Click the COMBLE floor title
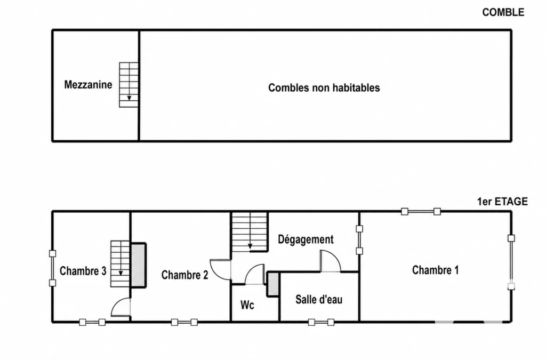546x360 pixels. click(x=503, y=13)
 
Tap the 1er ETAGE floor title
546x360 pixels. click(x=502, y=202)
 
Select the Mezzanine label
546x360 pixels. click(x=88, y=85)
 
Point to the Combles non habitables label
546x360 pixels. click(x=324, y=88)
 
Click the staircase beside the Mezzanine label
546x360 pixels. click(x=129, y=85)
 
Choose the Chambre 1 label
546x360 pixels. click(x=435, y=270)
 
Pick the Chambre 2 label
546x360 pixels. click(x=184, y=275)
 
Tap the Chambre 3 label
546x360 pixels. click(x=83, y=271)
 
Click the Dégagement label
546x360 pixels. click(x=306, y=239)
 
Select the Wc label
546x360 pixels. click(x=247, y=306)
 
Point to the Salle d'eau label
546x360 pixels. click(x=319, y=299)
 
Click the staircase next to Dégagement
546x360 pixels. click(x=250, y=231)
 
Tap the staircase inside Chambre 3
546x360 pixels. click(x=121, y=264)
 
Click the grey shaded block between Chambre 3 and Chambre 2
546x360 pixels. click(x=138, y=265)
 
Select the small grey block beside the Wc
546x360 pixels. click(x=272, y=284)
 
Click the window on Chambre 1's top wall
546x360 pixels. click(x=421, y=211)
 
